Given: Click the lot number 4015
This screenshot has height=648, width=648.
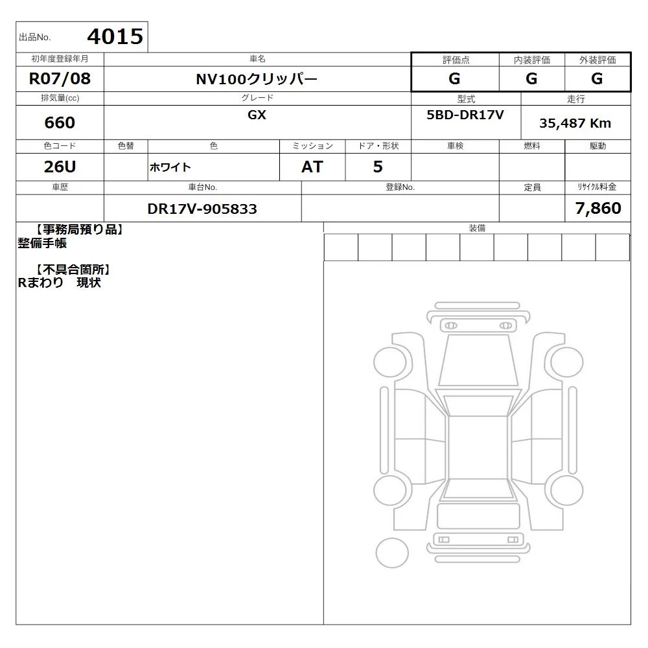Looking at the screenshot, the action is (115, 36).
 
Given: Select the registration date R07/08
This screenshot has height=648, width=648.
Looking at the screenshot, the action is (60, 78).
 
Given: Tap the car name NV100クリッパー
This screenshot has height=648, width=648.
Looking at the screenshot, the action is (257, 79).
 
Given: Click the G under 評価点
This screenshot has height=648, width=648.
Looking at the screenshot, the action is (454, 78).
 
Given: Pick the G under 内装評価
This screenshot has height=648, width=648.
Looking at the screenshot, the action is (531, 78).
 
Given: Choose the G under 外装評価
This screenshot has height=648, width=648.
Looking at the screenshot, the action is (597, 78).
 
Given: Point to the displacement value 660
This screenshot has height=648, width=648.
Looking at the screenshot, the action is (60, 122).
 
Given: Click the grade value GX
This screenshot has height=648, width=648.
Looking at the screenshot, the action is (257, 115).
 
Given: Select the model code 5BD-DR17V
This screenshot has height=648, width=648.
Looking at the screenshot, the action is (465, 115).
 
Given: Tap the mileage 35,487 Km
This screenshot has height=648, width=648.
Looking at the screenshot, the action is (575, 123).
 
